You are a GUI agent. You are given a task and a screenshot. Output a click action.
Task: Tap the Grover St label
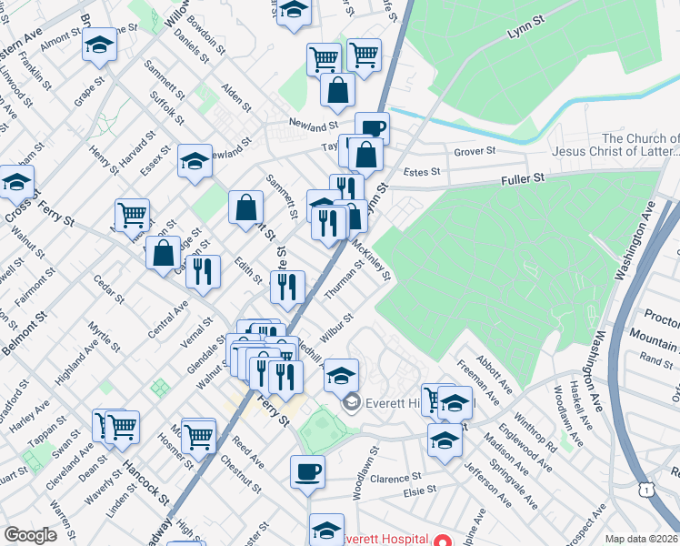[475, 151]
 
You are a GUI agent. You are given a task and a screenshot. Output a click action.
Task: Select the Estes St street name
[422, 171]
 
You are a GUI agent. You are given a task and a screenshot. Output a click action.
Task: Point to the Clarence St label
[396, 477]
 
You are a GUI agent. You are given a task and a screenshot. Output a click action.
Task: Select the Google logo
[30, 535]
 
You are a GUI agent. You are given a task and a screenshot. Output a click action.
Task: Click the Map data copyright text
[640, 539]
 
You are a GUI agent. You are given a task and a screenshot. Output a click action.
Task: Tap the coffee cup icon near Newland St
[372, 128]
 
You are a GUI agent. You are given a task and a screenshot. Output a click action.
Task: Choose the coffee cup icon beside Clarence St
[307, 471]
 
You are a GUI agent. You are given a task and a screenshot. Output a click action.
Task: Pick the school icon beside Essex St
[195, 161]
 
